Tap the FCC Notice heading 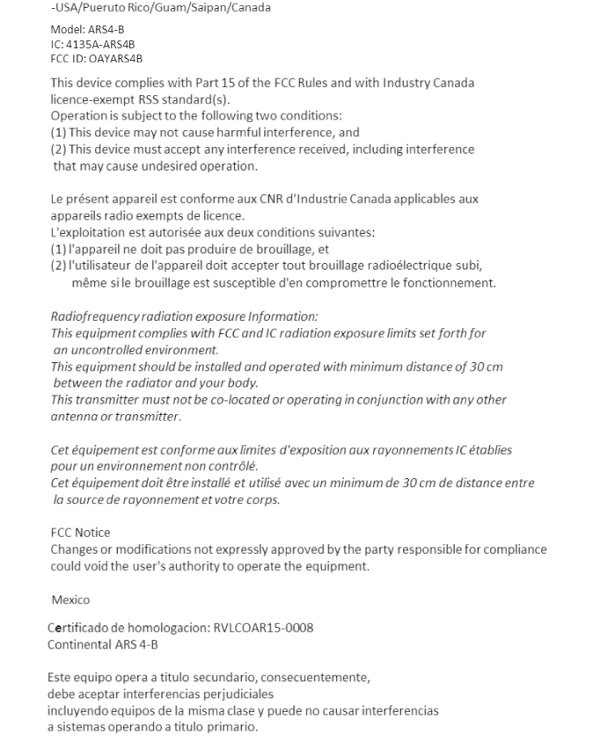(x=81, y=533)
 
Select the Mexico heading (x=70, y=600)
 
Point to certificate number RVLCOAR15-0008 (x=263, y=628)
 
